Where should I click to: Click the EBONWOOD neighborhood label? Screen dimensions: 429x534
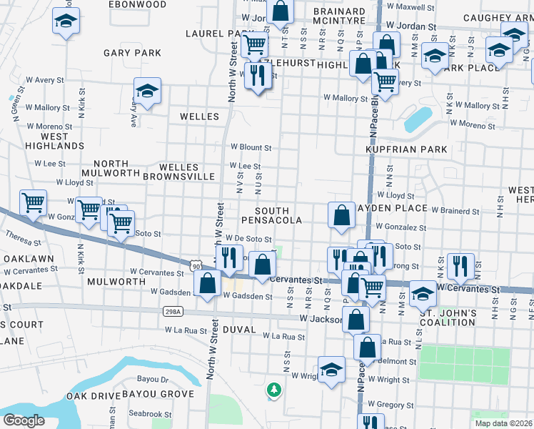click(x=137, y=4)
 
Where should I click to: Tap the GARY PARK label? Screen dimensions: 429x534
click(x=132, y=53)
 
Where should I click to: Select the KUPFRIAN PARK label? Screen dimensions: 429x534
click(x=406, y=149)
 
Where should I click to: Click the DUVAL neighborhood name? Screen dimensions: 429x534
click(x=238, y=330)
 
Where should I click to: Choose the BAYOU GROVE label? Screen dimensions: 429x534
click(x=158, y=394)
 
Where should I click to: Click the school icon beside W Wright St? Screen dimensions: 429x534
click(x=331, y=370)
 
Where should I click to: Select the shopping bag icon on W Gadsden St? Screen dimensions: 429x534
click(x=207, y=284)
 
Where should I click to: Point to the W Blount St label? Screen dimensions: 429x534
click(x=251, y=148)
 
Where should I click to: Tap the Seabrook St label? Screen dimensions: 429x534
click(x=150, y=414)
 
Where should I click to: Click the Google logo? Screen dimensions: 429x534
click(x=24, y=420)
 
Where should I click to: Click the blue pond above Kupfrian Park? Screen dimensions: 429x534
click(x=418, y=119)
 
